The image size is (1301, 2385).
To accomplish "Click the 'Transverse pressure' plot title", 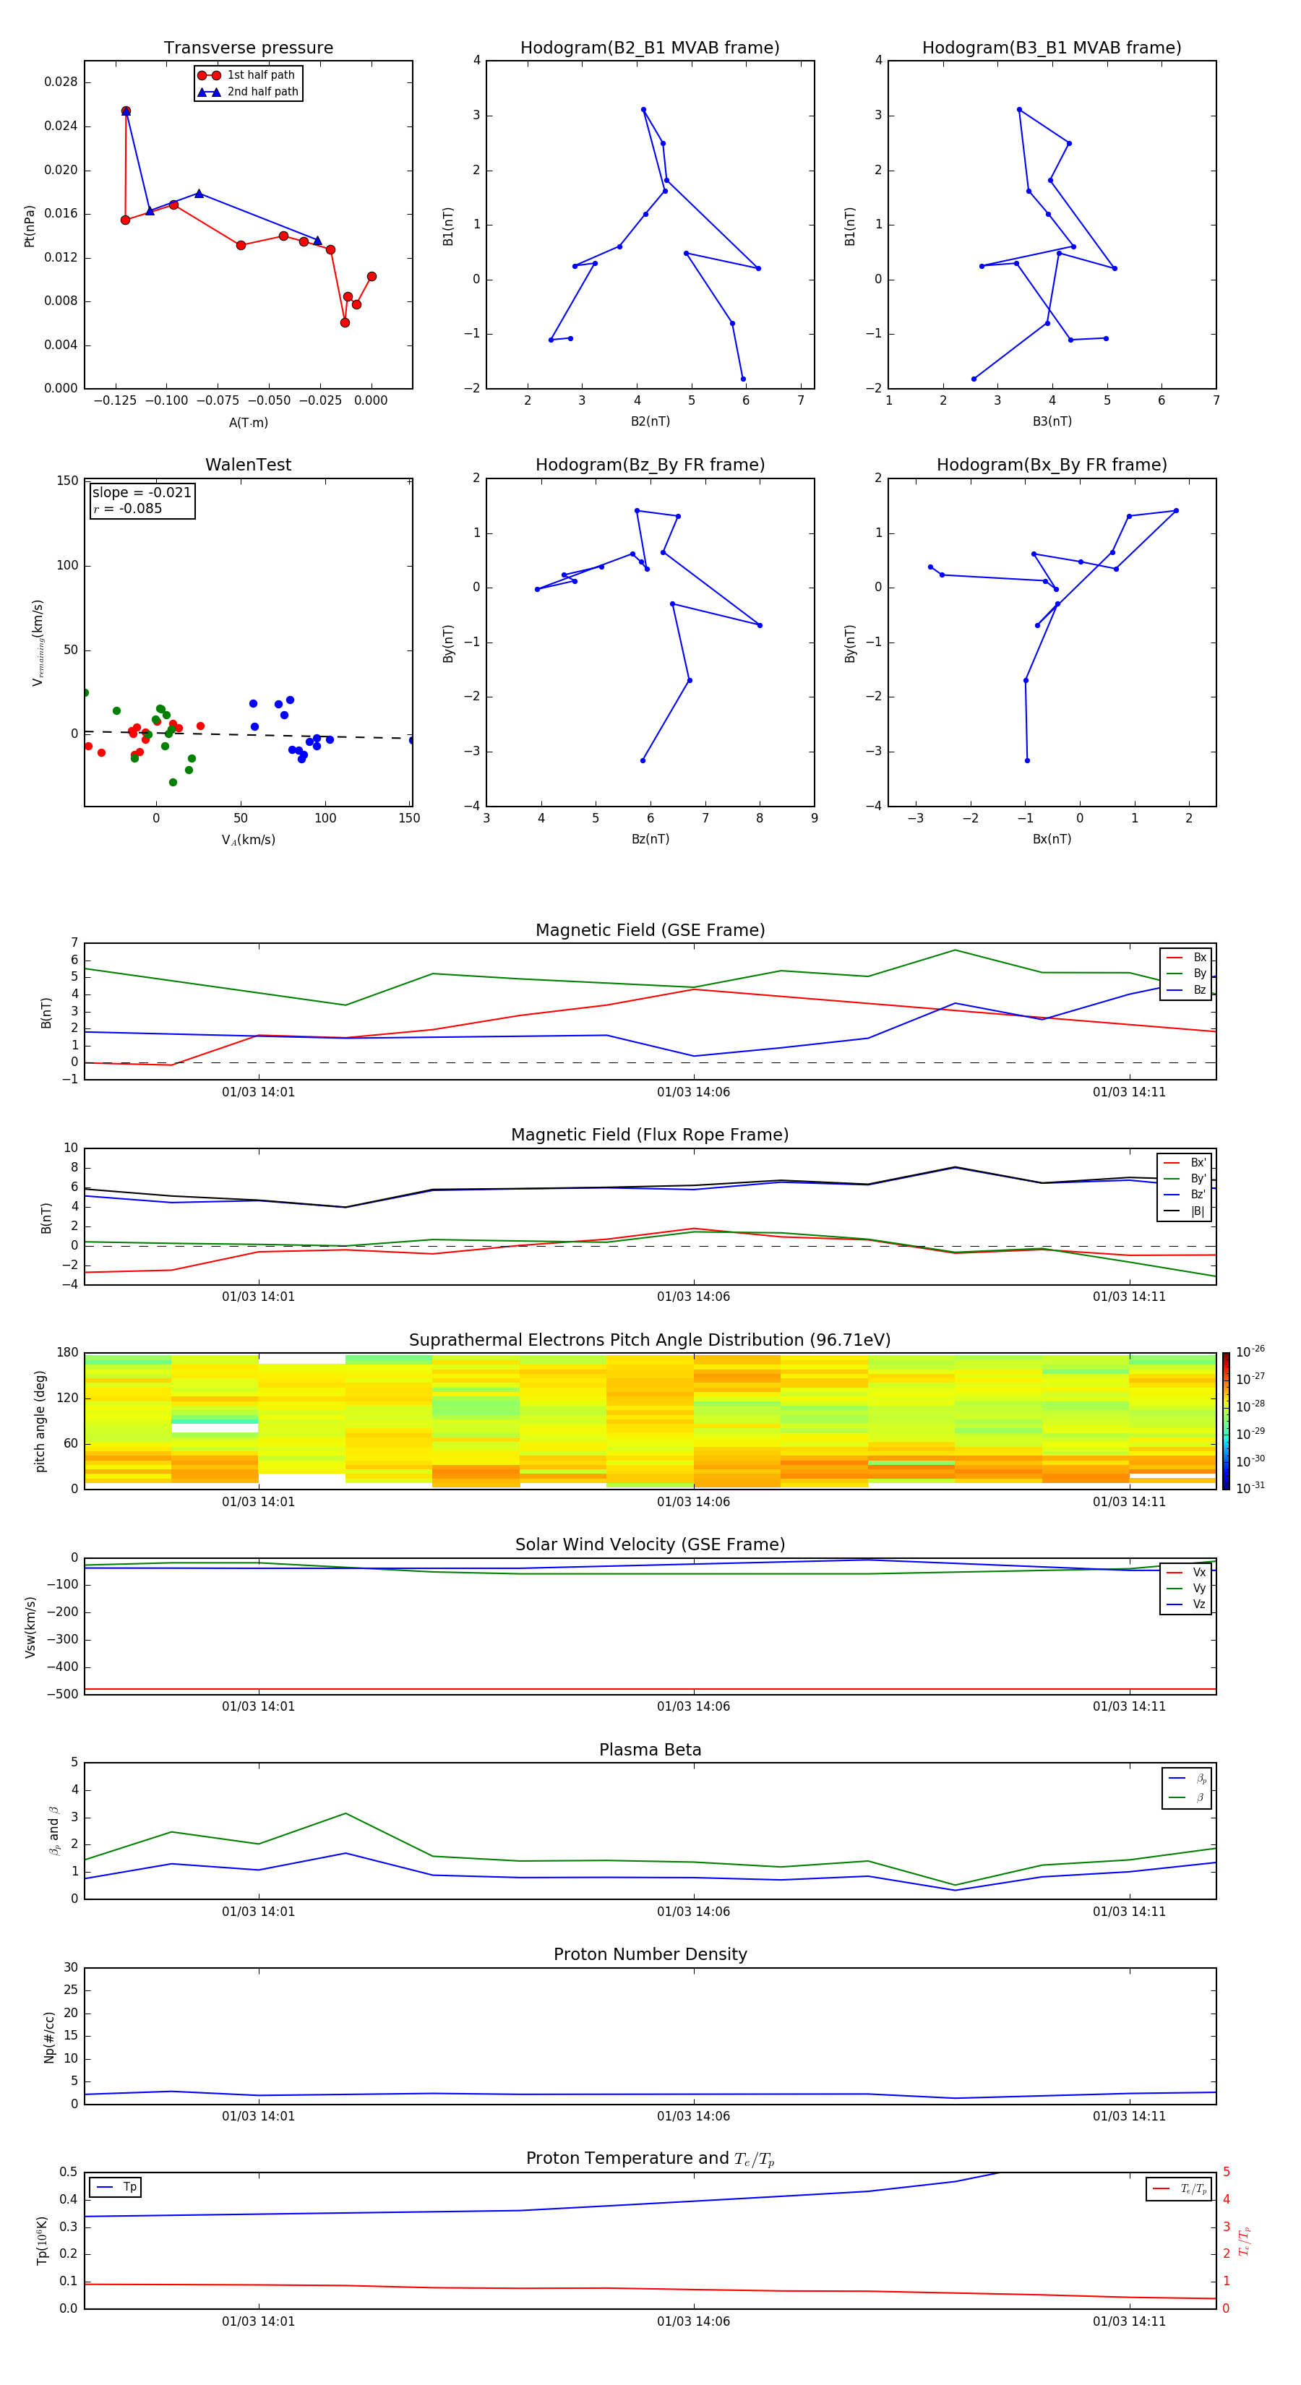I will click(248, 48).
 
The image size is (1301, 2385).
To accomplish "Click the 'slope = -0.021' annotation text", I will click(142, 493).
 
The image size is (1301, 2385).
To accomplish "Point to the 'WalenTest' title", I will click(248, 465).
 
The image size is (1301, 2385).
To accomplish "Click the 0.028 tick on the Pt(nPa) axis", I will click(61, 82).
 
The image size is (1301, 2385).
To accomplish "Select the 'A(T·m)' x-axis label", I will click(248, 422).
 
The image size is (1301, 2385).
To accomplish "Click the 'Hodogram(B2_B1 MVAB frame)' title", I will click(649, 48).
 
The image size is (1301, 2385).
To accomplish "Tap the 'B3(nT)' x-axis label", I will click(1052, 421).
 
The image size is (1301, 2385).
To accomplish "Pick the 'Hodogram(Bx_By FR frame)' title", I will click(1051, 465).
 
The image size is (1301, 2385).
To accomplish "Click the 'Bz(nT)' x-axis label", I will click(650, 839).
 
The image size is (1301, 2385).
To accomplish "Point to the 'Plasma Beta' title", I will click(650, 1750).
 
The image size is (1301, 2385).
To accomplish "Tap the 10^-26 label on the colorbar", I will click(1250, 1351).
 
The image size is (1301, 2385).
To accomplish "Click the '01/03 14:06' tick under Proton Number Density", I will click(694, 2115).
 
